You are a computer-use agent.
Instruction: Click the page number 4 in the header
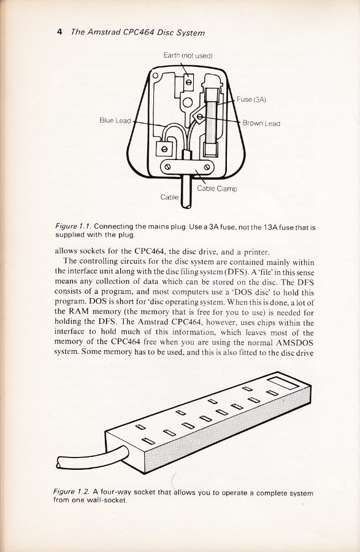pyautogui.click(x=59, y=32)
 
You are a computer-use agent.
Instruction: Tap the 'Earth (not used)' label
pyautogui.click(x=188, y=55)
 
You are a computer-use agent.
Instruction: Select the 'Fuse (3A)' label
pyautogui.click(x=251, y=99)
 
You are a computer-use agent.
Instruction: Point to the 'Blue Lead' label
pyautogui.click(x=115, y=120)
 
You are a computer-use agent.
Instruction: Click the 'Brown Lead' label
pyautogui.click(x=261, y=123)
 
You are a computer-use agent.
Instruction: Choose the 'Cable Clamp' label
pyautogui.click(x=216, y=189)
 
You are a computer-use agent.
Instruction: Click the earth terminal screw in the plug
pyautogui.click(x=189, y=82)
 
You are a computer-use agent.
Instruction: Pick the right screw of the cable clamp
pyautogui.click(x=207, y=166)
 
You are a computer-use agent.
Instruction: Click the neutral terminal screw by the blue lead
pyautogui.click(x=164, y=148)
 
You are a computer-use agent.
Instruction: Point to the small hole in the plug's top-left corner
pyautogui.click(x=155, y=75)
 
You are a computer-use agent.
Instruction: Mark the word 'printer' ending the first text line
pyautogui.click(x=257, y=252)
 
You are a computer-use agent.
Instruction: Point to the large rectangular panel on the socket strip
pyautogui.click(x=283, y=383)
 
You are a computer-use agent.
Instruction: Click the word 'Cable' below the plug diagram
pyautogui.click(x=170, y=197)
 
